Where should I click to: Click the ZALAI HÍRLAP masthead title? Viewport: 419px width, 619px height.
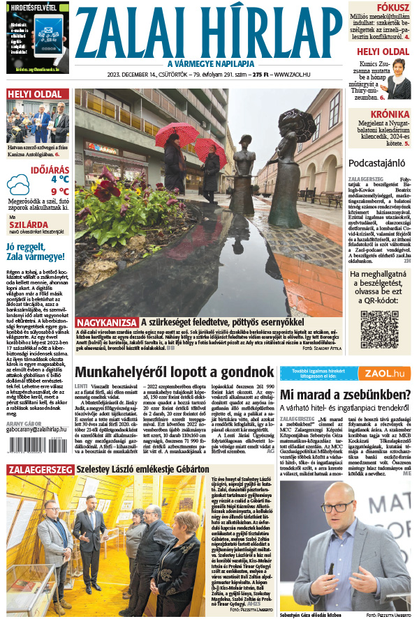tap(209, 29)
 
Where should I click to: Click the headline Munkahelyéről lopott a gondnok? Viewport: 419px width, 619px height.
tap(172, 372)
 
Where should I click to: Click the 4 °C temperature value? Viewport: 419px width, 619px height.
tap(59, 178)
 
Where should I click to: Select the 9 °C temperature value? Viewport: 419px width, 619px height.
tap(59, 191)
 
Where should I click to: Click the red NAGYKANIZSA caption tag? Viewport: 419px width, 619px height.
tap(107, 323)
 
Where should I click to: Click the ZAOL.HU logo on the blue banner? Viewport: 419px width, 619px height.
tap(383, 373)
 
